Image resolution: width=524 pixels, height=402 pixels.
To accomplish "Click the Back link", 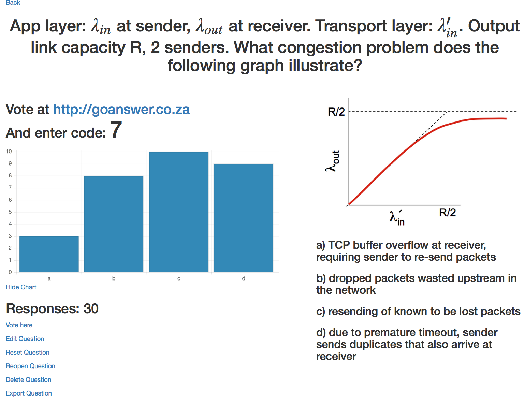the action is (x=13, y=3).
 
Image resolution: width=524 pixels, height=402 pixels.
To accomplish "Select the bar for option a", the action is (x=49, y=254).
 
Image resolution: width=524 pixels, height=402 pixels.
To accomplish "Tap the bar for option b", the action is (x=114, y=224).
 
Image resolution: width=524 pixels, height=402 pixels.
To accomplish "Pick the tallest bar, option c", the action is (x=179, y=212).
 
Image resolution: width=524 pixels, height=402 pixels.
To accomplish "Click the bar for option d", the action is (x=243, y=218).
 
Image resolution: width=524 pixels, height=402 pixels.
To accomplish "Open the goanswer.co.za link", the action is (x=121, y=110).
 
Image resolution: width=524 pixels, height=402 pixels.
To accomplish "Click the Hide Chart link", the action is (x=21, y=287).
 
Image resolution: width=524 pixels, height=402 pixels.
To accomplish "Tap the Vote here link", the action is (x=19, y=325).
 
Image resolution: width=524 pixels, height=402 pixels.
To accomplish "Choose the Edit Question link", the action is (x=25, y=339).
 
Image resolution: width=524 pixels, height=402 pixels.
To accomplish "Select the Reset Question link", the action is (x=28, y=352).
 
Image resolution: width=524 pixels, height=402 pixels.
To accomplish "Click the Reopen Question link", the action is (x=30, y=366).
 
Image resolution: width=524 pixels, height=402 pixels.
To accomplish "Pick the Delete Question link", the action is (x=28, y=379).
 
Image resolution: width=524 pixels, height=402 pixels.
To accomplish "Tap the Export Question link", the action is (x=29, y=393).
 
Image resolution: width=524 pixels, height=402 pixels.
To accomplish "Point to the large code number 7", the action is (x=116, y=130).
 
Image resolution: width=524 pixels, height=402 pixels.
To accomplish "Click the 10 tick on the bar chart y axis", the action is (x=9, y=152).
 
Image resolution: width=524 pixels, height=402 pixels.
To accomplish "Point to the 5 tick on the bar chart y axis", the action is (x=10, y=212).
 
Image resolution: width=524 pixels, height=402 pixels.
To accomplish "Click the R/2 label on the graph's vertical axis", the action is (x=336, y=112).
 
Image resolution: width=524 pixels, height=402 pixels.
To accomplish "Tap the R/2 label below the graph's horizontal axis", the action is (x=447, y=213).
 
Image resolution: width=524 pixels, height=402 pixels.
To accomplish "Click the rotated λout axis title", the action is (x=332, y=161).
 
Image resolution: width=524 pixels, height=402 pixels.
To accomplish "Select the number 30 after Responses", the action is (x=91, y=309).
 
